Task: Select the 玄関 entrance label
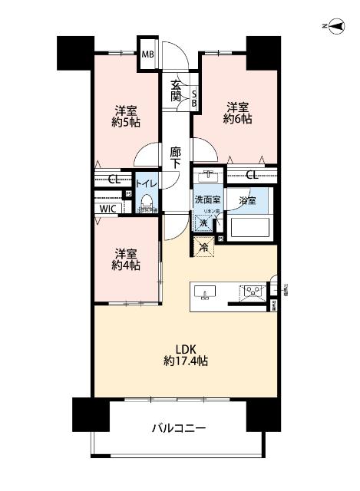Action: click(176, 90)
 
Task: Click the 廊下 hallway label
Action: click(176, 158)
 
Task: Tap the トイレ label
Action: click(147, 184)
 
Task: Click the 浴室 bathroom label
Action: click(246, 200)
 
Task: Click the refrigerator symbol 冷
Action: click(204, 247)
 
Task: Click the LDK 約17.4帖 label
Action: click(187, 354)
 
